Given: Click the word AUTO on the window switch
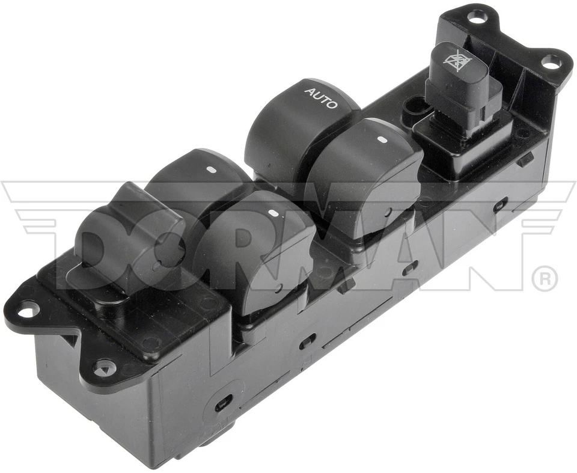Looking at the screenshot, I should coord(322,98).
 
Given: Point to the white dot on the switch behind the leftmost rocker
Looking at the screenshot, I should coord(212,170).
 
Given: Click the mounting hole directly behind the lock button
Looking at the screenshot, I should coord(476,19).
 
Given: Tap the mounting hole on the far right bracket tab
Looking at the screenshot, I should coord(549,61).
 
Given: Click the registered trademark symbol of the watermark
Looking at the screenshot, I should coord(544,279).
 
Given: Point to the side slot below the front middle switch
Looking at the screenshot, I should coord(307,340).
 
